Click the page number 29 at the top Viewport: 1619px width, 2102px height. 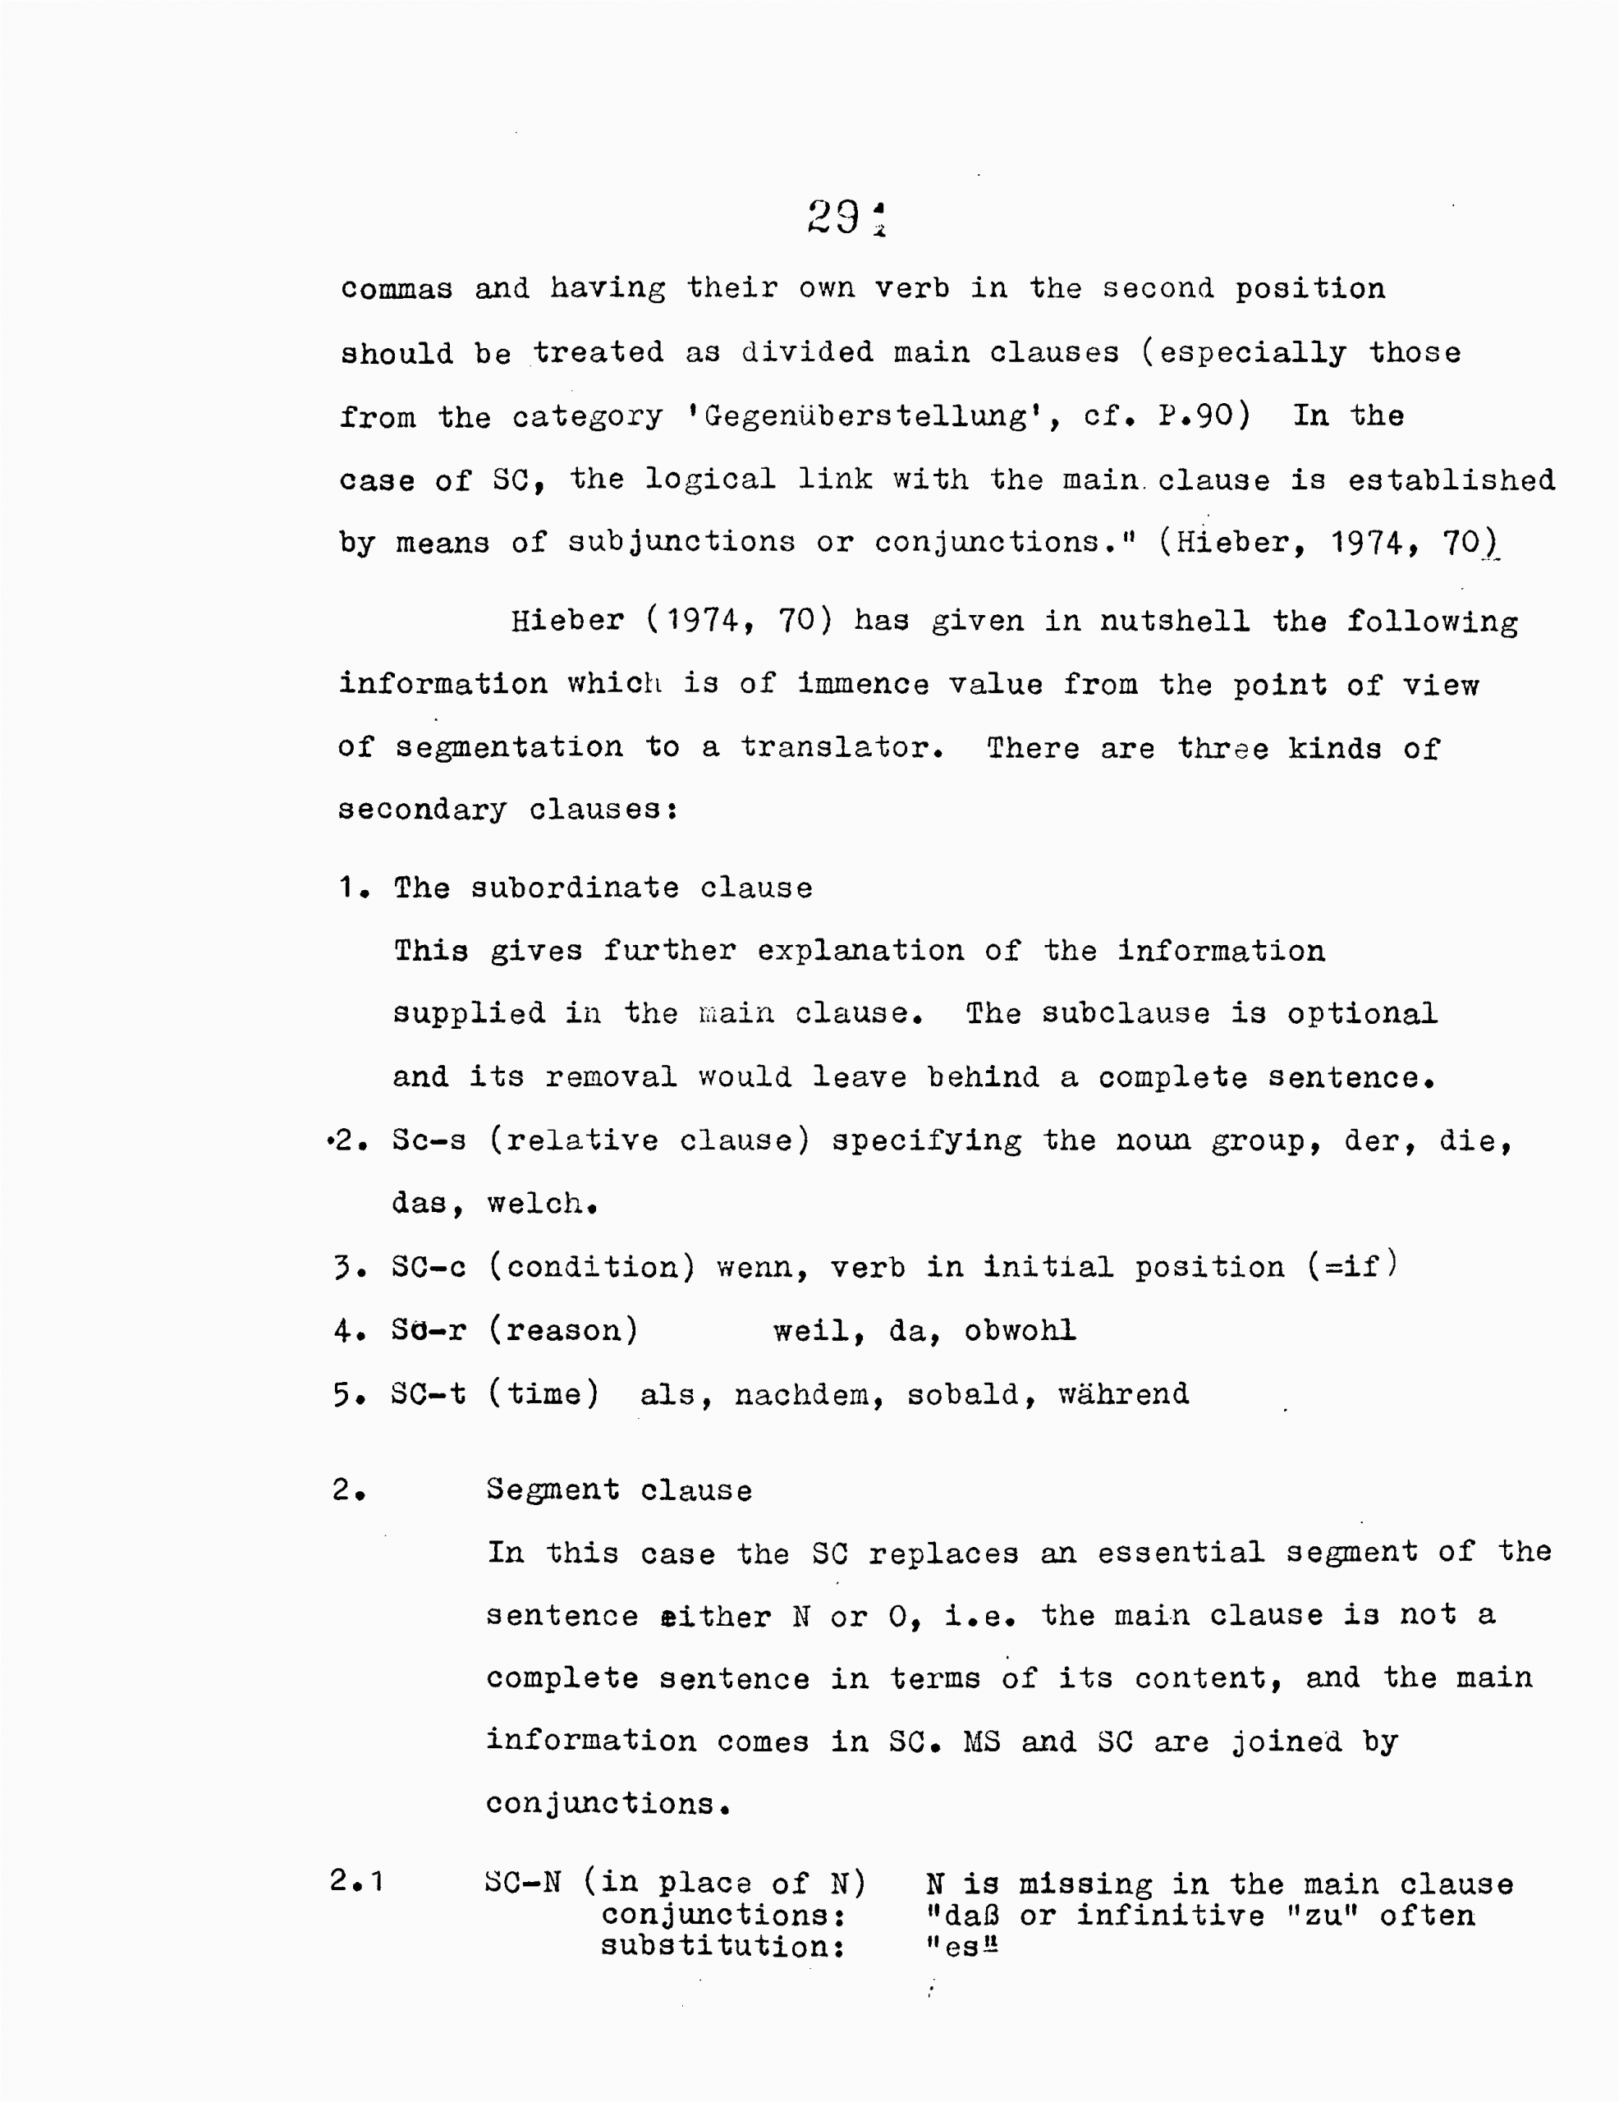pyautogui.click(x=833, y=218)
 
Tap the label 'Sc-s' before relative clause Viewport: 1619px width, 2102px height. pyautogui.click(x=429, y=1140)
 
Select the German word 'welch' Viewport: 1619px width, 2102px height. pyautogui.click(x=539, y=1203)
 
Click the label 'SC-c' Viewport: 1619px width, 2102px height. pyautogui.click(x=429, y=1267)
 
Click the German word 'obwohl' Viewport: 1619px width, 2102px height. pyautogui.click(x=1020, y=1330)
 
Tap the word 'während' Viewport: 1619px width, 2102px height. pyautogui.click(x=1123, y=1393)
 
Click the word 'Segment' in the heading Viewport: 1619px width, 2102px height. pyautogui.click(x=553, y=1490)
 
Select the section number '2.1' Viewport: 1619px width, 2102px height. pyautogui.click(x=356, y=1879)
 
